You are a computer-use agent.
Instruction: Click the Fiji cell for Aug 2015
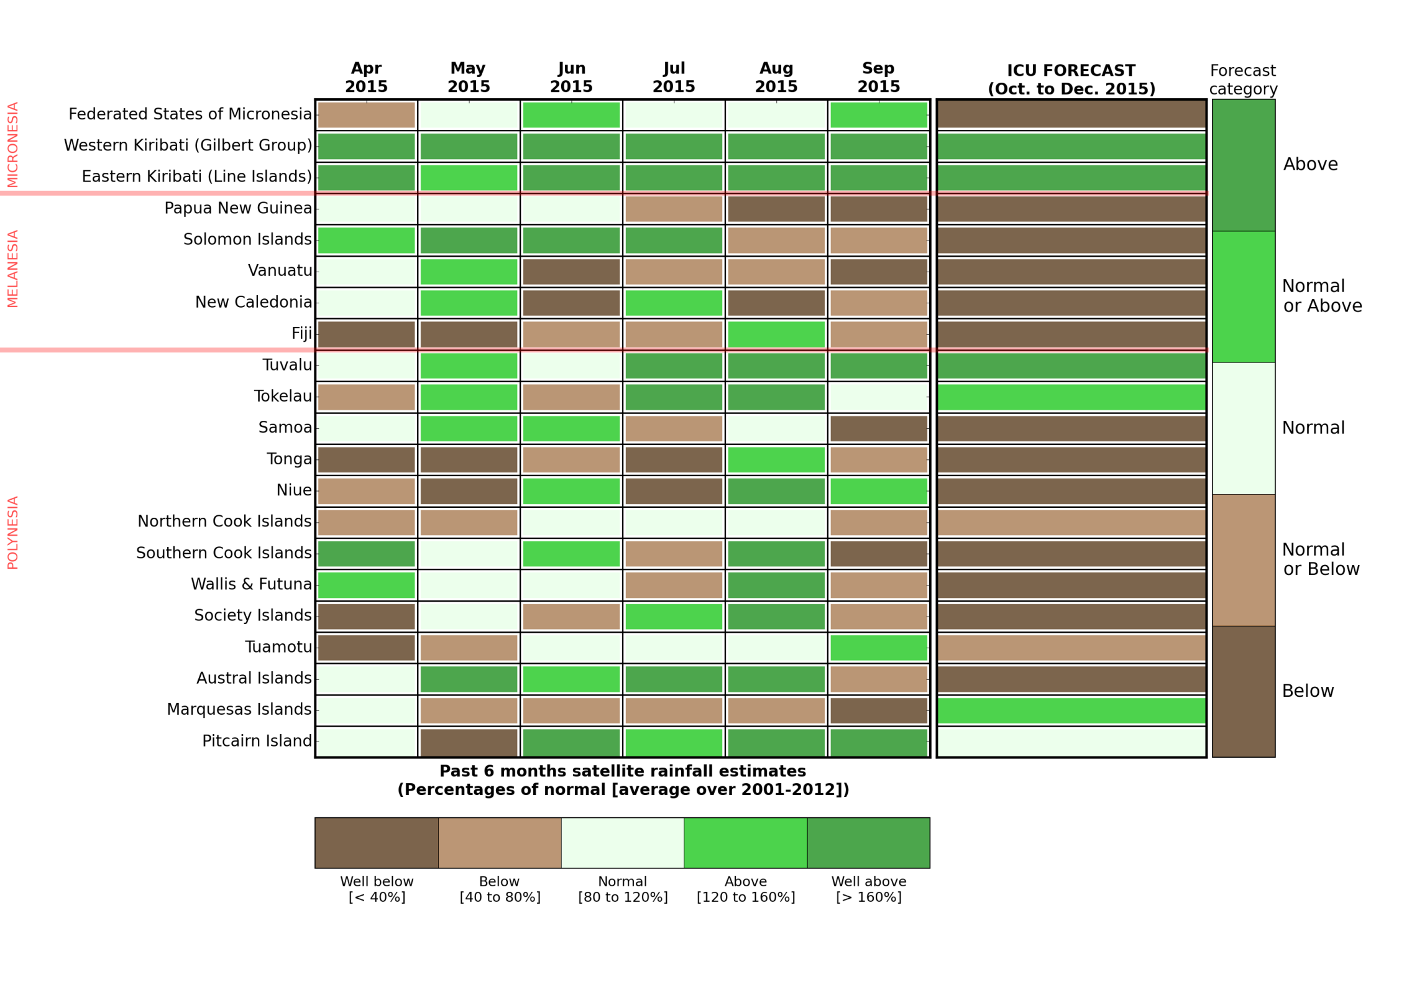776,334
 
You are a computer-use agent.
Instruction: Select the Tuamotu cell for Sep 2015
879,648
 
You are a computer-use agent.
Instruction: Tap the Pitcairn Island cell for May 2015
469,742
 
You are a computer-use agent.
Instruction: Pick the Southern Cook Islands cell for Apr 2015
366,554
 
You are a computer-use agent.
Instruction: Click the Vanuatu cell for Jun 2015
571,272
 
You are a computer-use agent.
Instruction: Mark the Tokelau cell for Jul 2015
674,397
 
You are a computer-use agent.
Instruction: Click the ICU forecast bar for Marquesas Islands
1071,710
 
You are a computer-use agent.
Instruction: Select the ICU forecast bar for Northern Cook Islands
1071,523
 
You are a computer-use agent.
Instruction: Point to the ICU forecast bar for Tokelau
1071,397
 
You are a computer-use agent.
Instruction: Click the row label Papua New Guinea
238,208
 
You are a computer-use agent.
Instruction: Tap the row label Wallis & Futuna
251,584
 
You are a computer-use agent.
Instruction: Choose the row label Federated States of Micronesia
190,114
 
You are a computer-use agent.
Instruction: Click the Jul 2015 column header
674,77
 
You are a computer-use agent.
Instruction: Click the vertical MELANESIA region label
13,269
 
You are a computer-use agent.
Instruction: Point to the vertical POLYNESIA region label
13,533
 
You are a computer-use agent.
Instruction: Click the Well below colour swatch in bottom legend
376,843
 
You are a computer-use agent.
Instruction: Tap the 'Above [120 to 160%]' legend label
746,889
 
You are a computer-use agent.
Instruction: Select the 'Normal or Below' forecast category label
1321,559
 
